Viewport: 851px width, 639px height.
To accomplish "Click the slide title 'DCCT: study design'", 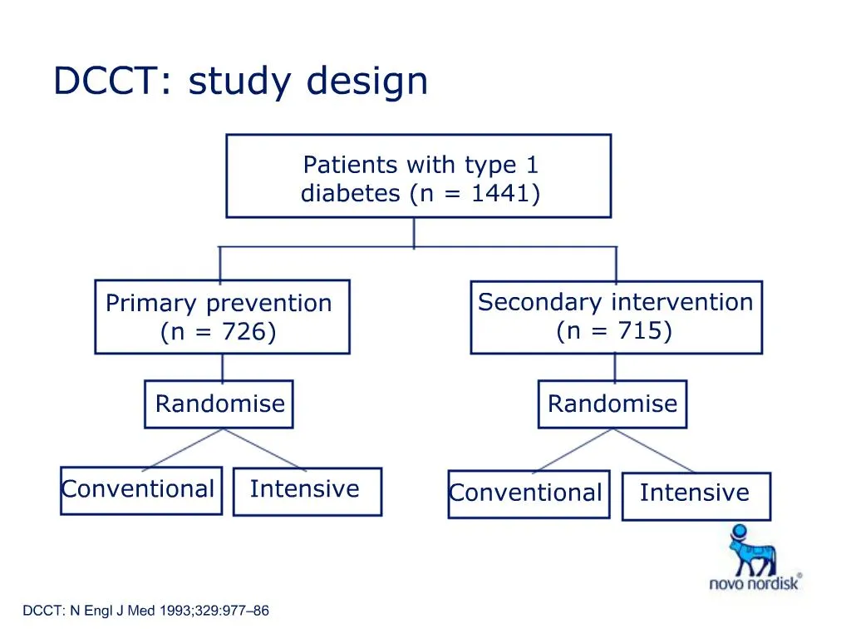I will coord(240,82).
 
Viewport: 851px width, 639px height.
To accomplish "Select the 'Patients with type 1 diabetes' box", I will coord(419,176).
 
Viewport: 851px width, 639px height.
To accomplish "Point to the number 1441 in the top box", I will coord(500,194).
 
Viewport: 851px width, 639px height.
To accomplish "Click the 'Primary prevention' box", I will coord(222,317).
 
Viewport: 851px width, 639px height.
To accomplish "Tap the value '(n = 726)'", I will coord(218,332).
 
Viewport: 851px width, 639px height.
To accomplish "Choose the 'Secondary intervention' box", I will coord(616,317).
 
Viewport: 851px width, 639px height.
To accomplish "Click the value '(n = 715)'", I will coord(614,331).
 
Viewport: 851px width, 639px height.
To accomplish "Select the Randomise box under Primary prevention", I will coord(219,404).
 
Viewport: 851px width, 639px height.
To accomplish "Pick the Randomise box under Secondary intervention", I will coord(612,404).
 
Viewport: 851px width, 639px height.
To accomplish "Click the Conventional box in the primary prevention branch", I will coord(140,490).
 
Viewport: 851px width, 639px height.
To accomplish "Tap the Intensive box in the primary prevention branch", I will coord(307,491).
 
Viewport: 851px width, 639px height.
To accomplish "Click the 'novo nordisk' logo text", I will coord(754,583).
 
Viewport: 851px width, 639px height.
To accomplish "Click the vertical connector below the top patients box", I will coord(414,232).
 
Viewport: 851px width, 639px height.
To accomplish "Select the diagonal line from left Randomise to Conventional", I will coord(184,448).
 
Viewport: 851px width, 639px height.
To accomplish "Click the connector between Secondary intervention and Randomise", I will coord(615,367).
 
